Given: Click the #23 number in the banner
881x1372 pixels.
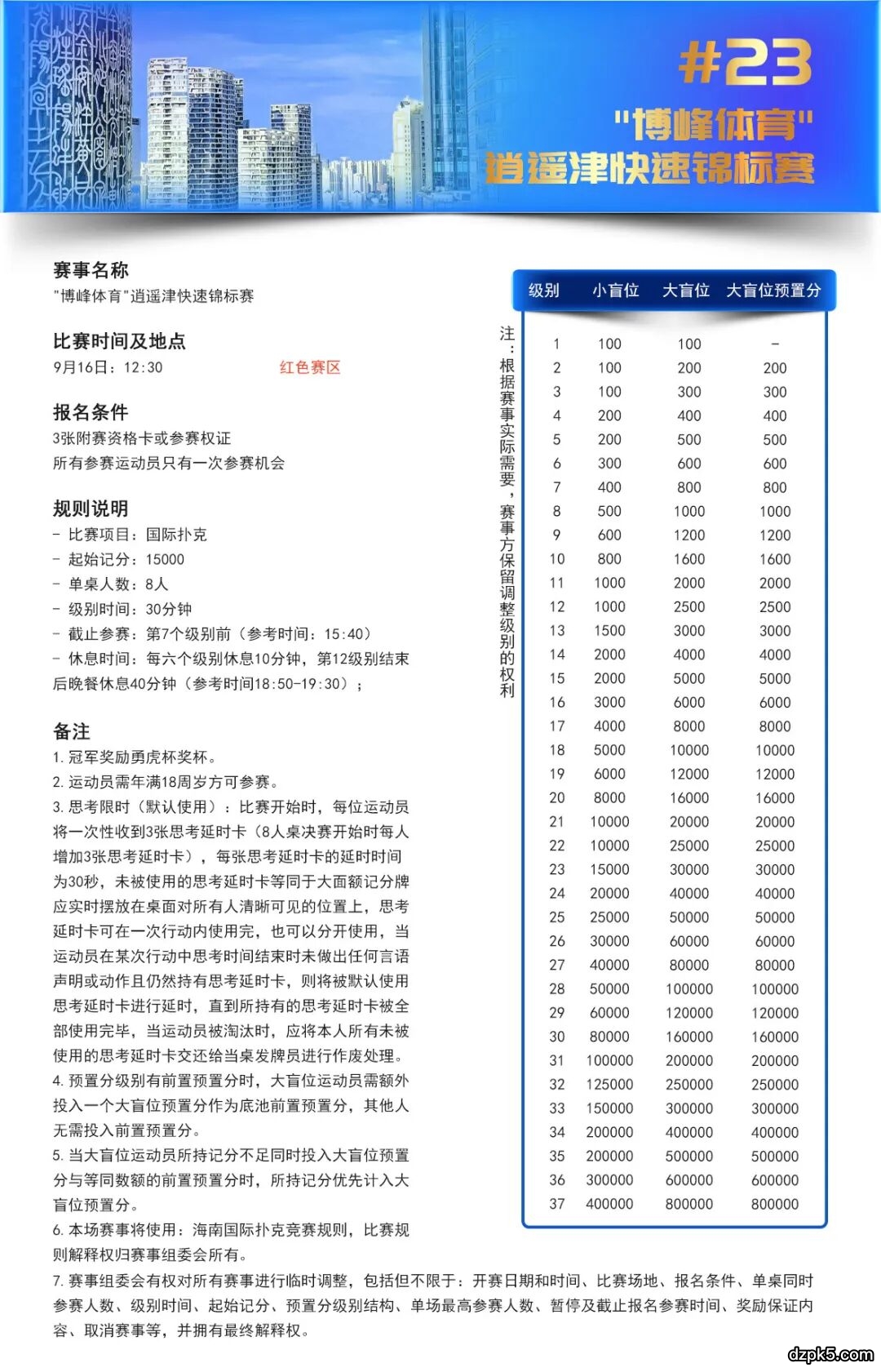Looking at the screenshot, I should (745, 63).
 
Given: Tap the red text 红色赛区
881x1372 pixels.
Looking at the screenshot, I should (310, 367).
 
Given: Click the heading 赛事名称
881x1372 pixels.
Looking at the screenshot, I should (91, 270).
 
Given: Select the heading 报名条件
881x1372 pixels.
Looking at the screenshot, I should (91, 412).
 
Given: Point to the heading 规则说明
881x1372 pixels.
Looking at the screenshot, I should (91, 508).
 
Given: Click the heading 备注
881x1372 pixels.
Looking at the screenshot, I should (72, 731).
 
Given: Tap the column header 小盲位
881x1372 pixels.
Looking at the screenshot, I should (615, 291).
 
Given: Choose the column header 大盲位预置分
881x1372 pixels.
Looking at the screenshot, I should (773, 291).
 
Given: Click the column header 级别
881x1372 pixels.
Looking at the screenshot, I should (544, 291).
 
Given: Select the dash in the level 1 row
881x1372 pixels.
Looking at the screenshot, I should (775, 344).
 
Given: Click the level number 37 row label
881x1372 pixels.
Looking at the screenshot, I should (557, 1204).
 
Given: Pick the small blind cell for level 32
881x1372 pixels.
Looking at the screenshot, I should (609, 1085).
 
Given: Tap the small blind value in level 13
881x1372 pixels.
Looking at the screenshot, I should (609, 631).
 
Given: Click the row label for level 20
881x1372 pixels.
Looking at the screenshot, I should (557, 798).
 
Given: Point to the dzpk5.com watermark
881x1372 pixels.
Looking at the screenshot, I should (830, 1354).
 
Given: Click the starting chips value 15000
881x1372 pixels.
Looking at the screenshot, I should (165, 560).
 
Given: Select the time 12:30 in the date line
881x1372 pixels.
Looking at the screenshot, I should (144, 367).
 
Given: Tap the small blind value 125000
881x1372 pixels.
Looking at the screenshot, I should (609, 1085).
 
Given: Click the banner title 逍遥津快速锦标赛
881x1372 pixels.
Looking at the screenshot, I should (650, 169).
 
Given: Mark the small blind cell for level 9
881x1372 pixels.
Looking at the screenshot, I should (609, 535).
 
